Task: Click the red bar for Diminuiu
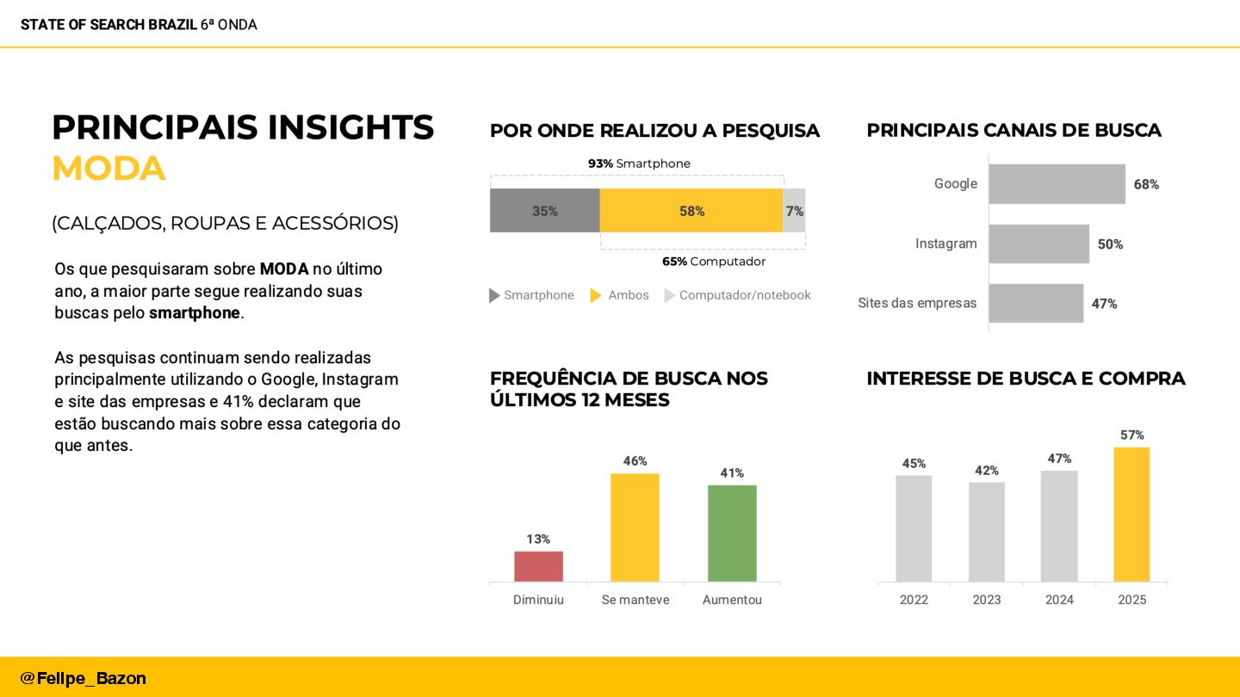point(538,566)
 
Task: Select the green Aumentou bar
point(732,534)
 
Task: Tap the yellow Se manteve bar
point(635,527)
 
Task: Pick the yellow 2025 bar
point(1131,515)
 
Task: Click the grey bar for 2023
point(986,532)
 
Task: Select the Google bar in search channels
point(1057,184)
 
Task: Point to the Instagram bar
point(1038,244)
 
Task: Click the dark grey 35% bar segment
point(544,211)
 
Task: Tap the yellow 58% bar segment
point(691,211)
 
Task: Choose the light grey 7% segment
point(794,211)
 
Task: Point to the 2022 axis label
point(914,600)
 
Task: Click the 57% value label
point(1131,435)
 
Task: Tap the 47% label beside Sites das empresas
point(1104,304)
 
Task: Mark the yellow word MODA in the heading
point(108,169)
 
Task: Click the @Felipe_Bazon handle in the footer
point(84,678)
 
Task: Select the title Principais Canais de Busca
point(1014,131)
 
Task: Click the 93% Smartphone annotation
point(639,163)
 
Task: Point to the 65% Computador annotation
point(713,262)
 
